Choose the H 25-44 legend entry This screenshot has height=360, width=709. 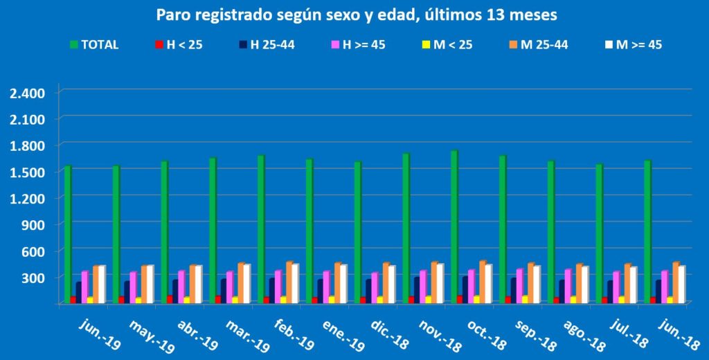pos(273,45)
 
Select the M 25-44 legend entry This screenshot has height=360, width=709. pos(543,45)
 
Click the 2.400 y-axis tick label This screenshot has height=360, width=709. pos(28,93)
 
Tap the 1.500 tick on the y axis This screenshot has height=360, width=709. pos(28,172)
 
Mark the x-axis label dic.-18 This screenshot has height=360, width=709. pos(371,331)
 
